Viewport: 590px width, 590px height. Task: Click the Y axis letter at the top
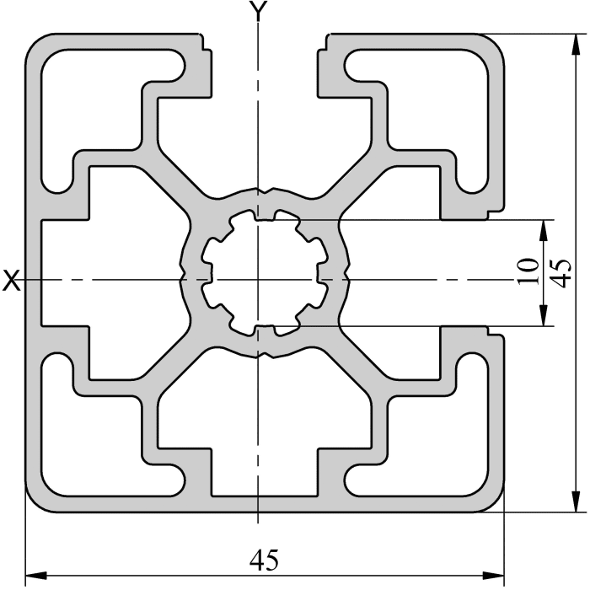click(259, 12)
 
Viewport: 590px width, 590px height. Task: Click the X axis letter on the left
click(11, 281)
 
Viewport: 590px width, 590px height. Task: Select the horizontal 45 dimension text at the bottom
click(264, 558)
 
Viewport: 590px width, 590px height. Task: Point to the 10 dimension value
click(528, 271)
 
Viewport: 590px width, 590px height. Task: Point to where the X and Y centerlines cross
click(259, 279)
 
